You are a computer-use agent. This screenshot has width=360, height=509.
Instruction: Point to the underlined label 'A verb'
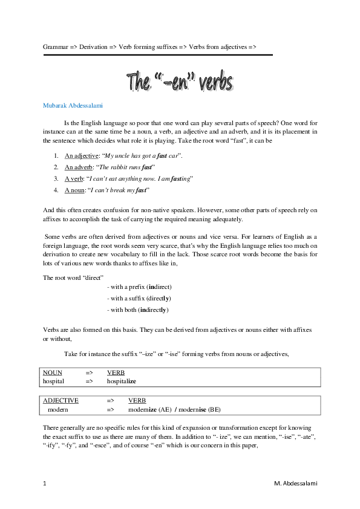75,178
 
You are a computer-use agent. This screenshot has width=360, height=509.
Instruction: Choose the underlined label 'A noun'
76,190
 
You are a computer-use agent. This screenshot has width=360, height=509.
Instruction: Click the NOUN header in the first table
53,373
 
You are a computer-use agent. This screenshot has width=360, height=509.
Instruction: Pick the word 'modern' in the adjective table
58,409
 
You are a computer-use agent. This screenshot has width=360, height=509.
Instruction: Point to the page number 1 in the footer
45,484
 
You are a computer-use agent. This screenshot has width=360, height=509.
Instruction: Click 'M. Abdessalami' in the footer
295,484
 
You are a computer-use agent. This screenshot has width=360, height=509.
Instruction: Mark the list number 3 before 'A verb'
55,178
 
